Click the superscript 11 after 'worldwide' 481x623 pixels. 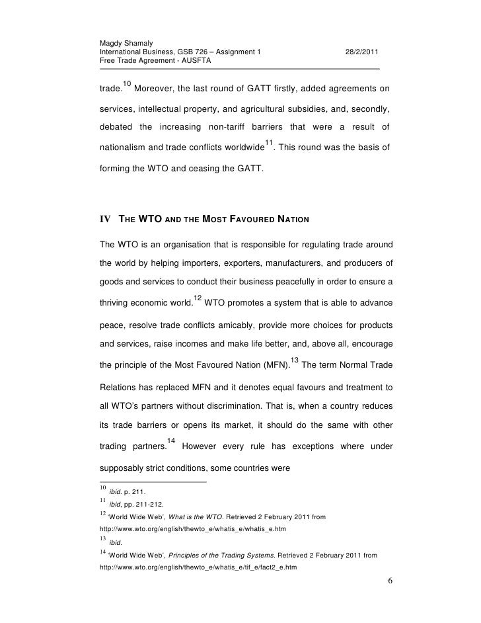tap(269, 144)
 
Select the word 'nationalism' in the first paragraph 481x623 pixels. tap(124, 149)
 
